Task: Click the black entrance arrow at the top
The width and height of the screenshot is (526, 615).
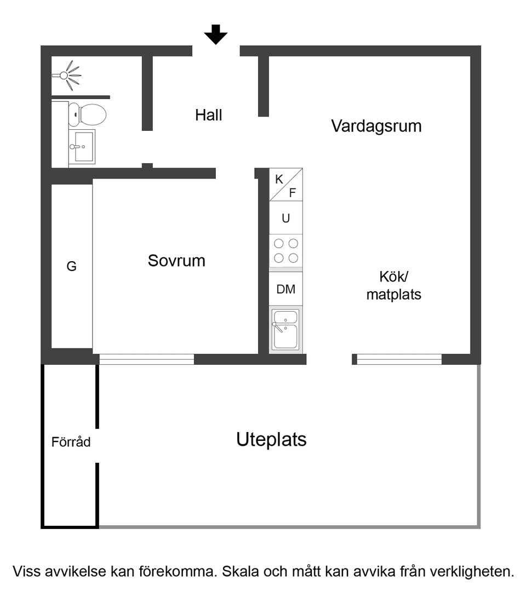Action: click(x=216, y=35)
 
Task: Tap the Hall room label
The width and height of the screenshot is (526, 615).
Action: click(x=209, y=116)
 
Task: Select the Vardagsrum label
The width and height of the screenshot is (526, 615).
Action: click(x=376, y=126)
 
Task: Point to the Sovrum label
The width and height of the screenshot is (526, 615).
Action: click(x=176, y=261)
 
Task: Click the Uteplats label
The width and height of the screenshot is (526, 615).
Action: click(x=271, y=439)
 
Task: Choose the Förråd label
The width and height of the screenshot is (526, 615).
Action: click(x=71, y=442)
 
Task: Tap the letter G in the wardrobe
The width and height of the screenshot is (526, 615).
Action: click(x=71, y=267)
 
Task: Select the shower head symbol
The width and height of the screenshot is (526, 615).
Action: click(x=68, y=74)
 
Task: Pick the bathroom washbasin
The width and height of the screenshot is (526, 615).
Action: click(x=83, y=147)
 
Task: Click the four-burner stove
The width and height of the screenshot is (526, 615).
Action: click(x=285, y=250)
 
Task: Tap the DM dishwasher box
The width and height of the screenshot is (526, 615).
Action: click(x=285, y=289)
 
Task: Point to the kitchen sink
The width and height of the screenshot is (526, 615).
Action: click(x=285, y=329)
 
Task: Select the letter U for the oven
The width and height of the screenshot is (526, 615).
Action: click(x=285, y=218)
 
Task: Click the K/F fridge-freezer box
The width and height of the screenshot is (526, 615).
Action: click(x=285, y=185)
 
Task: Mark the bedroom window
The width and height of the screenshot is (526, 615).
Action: click(x=146, y=359)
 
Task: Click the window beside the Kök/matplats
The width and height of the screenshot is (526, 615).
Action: click(x=399, y=359)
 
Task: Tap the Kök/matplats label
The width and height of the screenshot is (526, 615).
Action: click(x=393, y=285)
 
